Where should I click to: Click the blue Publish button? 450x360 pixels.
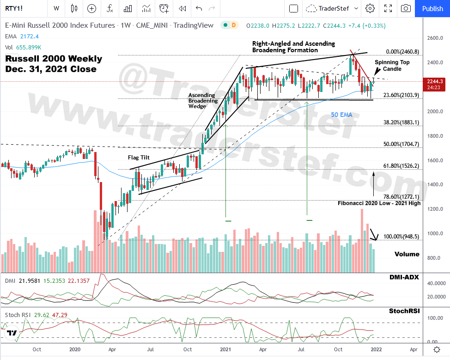coord(432,8)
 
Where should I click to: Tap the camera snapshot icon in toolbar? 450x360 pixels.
coord(406,8)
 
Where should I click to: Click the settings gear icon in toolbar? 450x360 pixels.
coord(370,8)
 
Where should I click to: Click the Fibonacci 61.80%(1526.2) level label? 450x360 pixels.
coord(401,165)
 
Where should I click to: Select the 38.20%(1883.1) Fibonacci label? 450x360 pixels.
coord(401,123)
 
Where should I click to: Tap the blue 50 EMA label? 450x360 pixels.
coord(341,115)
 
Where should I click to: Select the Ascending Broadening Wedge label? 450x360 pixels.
coord(202,101)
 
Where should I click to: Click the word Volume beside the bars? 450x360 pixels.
coord(407,254)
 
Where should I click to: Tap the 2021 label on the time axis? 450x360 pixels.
coord(225,349)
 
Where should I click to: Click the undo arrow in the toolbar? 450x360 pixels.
coord(199,8)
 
